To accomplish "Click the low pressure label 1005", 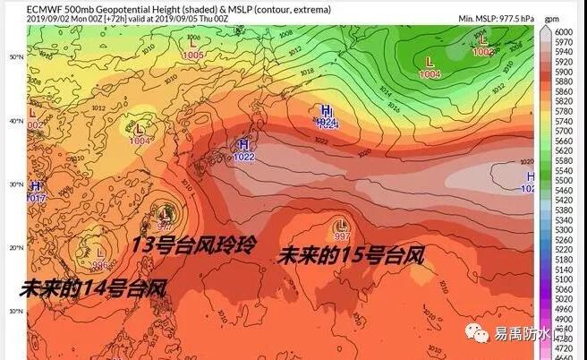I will click(x=192, y=55).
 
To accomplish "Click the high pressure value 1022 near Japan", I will click(x=242, y=157).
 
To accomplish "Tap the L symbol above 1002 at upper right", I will click(x=483, y=40).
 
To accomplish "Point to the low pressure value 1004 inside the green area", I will click(x=430, y=74).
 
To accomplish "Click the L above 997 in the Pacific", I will click(x=341, y=225).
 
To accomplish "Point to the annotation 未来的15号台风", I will click(x=350, y=255).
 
